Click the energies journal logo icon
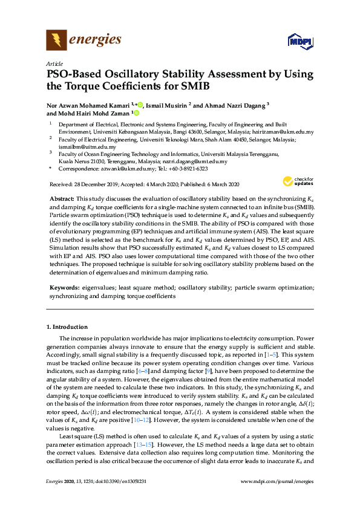[56, 41]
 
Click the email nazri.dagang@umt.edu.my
[197, 161]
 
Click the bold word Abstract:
[62, 199]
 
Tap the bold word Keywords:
[64, 290]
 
